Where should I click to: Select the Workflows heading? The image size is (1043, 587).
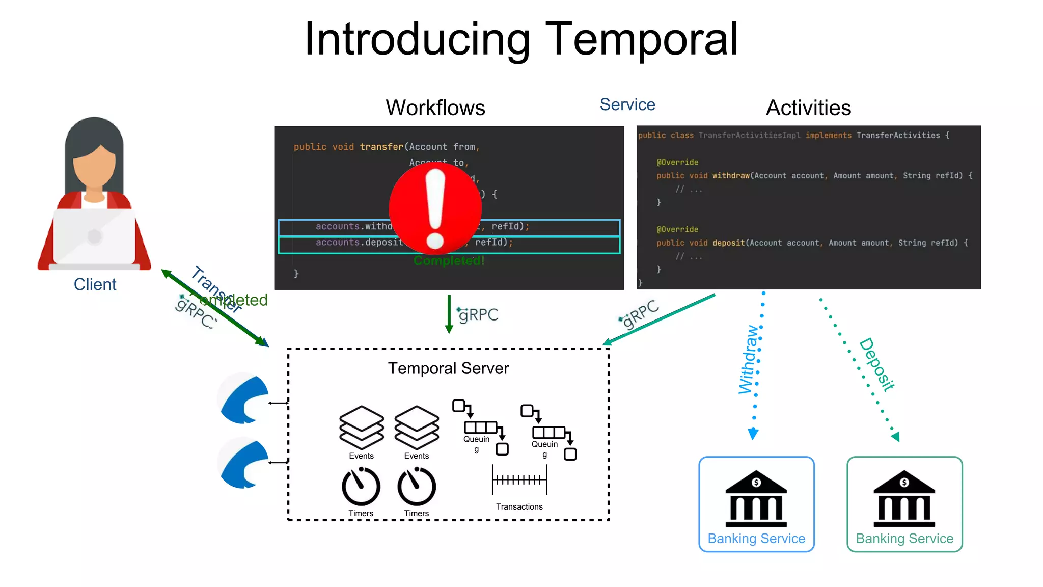click(435, 108)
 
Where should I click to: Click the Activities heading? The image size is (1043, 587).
click(808, 108)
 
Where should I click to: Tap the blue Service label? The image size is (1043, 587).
click(627, 104)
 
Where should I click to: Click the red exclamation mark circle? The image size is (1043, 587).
click(435, 208)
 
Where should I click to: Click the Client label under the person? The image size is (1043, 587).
click(95, 284)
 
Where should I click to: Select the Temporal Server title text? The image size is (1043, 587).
click(448, 368)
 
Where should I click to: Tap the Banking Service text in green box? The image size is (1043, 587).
click(904, 539)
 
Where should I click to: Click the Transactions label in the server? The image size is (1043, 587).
click(519, 506)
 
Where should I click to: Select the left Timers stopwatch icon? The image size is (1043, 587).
click(361, 486)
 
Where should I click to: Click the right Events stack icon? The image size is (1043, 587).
click(417, 427)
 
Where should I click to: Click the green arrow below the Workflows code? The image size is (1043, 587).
click(449, 314)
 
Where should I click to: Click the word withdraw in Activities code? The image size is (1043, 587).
click(731, 176)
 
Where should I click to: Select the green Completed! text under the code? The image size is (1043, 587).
click(449, 261)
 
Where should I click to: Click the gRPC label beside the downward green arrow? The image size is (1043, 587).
click(478, 315)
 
